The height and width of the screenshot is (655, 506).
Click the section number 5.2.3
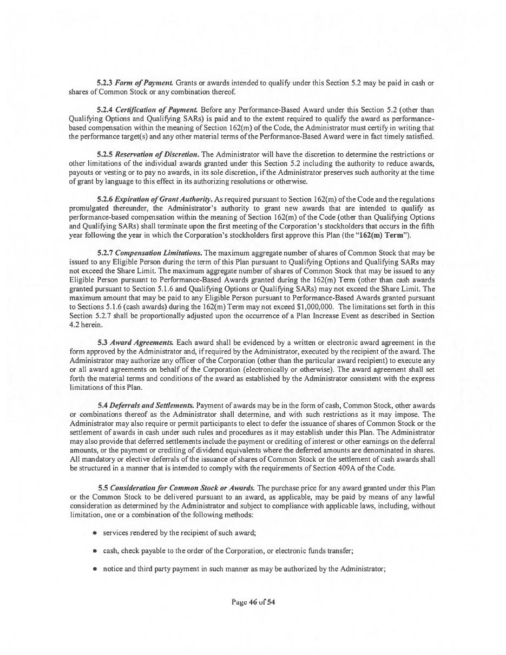click(x=105, y=83)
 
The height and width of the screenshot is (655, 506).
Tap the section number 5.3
click(x=102, y=343)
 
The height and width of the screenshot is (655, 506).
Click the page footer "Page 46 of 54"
click(x=253, y=601)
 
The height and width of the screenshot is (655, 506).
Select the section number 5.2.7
click(x=105, y=253)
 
